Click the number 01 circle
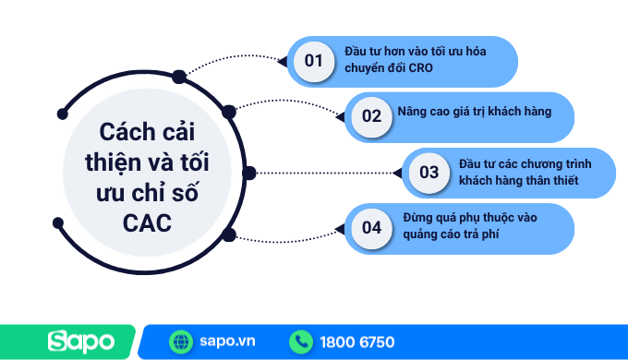click(x=313, y=61)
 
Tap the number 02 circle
click(x=370, y=116)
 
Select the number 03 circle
click(x=429, y=172)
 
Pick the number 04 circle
click(x=370, y=227)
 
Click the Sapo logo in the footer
click(x=82, y=342)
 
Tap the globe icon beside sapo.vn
click(x=180, y=342)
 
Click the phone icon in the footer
click(x=301, y=342)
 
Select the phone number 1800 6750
click(x=357, y=342)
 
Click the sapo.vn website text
click(x=226, y=342)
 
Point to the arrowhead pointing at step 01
click(x=283, y=62)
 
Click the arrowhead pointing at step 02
click(x=340, y=117)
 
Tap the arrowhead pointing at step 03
click(x=398, y=173)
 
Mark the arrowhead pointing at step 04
click(x=340, y=228)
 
